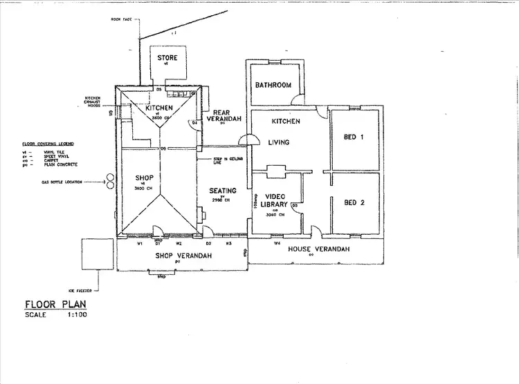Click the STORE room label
[166, 57]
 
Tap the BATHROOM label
[273, 86]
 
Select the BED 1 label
[354, 137]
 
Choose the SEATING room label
[223, 191]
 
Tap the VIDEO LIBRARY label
[275, 200]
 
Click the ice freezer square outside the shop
[97, 254]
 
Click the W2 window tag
[179, 243]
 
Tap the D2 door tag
[209, 243]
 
